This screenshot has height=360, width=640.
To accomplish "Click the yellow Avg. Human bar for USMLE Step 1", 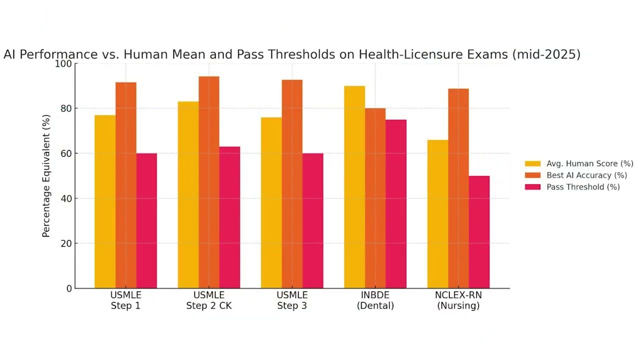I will (x=105, y=202).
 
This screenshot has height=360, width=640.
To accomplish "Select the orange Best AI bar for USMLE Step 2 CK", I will (x=208, y=182).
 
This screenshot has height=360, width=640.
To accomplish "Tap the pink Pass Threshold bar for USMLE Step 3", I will (x=312, y=220).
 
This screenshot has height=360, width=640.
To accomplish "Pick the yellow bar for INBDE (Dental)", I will (x=354, y=187).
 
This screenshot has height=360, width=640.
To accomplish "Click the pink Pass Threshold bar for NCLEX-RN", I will (x=479, y=232).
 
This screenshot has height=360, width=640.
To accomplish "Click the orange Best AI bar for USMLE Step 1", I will (x=125, y=185).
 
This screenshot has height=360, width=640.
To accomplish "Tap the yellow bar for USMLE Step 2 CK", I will (x=188, y=195).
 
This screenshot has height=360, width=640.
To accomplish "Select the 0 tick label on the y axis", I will (x=69, y=288).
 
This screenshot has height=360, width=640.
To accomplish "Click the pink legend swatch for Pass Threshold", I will (x=532, y=187).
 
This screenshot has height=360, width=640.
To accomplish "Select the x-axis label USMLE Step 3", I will (x=292, y=300).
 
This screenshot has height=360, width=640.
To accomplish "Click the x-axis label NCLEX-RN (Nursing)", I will (x=458, y=300).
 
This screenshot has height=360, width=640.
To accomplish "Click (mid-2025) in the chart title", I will (x=546, y=54).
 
